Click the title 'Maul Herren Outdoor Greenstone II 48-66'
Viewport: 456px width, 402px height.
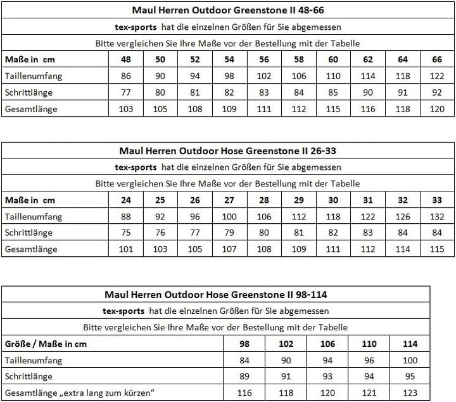coord(228,11)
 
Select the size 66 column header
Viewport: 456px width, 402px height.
coord(437,59)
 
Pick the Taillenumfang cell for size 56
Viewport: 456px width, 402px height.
coord(263,75)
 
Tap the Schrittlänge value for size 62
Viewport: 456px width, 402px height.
coord(368,92)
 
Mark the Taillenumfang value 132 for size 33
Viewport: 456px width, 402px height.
coord(437,217)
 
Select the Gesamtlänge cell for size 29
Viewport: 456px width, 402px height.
coord(298,249)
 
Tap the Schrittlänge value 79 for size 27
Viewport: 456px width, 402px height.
coord(229,233)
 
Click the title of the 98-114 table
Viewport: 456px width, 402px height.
coord(216,294)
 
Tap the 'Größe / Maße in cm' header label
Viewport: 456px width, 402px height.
coord(46,344)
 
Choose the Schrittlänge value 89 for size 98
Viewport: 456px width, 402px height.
coord(244,377)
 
